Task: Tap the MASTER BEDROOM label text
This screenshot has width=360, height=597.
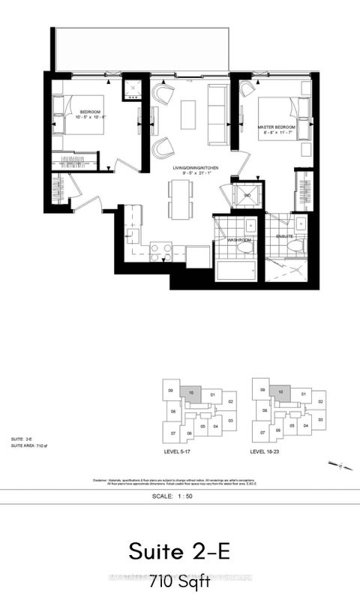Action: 275,128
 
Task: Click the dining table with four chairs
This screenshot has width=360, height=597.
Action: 180,196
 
